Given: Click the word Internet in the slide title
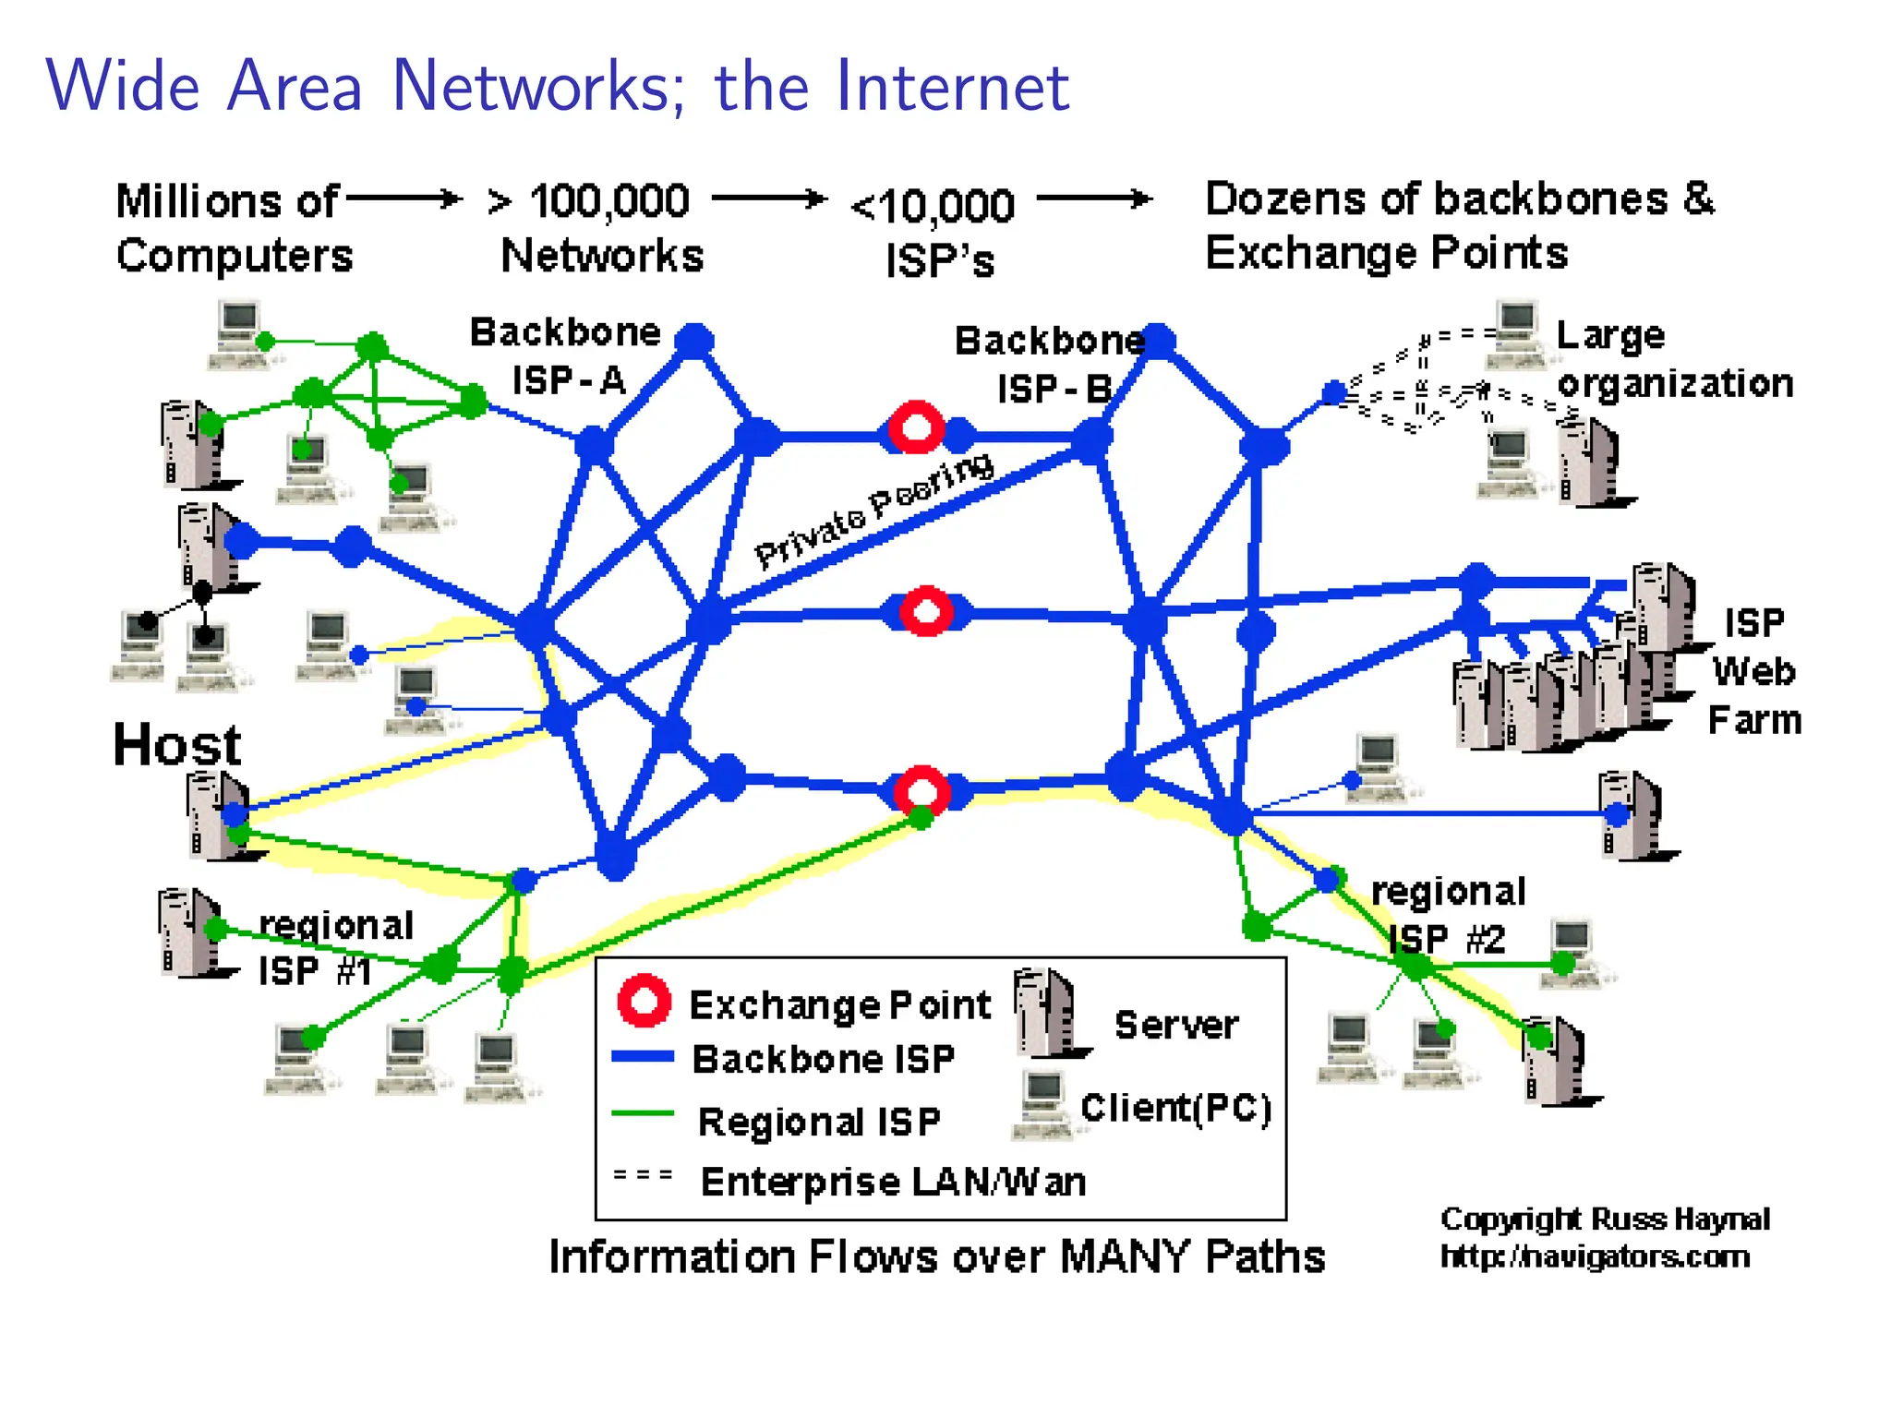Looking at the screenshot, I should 952,86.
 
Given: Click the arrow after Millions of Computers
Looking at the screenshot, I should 403,198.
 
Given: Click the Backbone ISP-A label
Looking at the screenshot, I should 566,356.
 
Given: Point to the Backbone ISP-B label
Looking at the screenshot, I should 1050,366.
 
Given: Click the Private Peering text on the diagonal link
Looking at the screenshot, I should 873,511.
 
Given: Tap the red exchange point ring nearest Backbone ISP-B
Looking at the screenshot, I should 916,428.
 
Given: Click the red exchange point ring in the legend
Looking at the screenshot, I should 644,1001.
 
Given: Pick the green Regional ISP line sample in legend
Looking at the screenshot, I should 643,1113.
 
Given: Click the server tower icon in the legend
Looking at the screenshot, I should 1048,1014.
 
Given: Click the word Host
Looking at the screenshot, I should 176,744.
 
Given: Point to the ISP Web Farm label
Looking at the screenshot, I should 1753,672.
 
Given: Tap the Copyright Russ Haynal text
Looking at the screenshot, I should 1604,1220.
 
